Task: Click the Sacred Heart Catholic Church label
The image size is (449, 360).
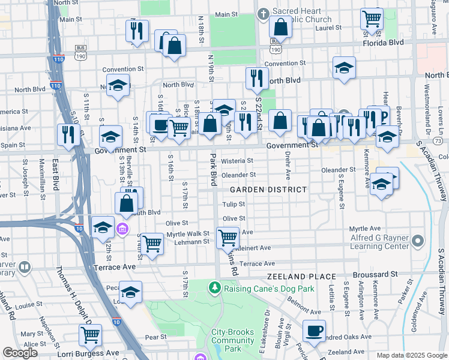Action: (x=301, y=16)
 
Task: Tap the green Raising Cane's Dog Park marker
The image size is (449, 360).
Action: (x=215, y=288)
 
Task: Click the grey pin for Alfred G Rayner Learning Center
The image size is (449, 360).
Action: (x=418, y=241)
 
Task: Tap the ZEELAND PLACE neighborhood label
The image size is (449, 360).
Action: (x=293, y=277)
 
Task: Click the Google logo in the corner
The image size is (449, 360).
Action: (x=20, y=353)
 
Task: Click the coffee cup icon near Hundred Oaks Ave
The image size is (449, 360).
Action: (x=313, y=331)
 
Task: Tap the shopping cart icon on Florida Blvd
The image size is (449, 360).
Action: (x=372, y=19)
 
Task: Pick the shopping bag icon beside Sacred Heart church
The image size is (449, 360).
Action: (x=280, y=26)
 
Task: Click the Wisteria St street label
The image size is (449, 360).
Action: (x=237, y=161)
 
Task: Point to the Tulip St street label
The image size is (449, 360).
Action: (x=234, y=205)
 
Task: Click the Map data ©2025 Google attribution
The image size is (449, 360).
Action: (x=411, y=355)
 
